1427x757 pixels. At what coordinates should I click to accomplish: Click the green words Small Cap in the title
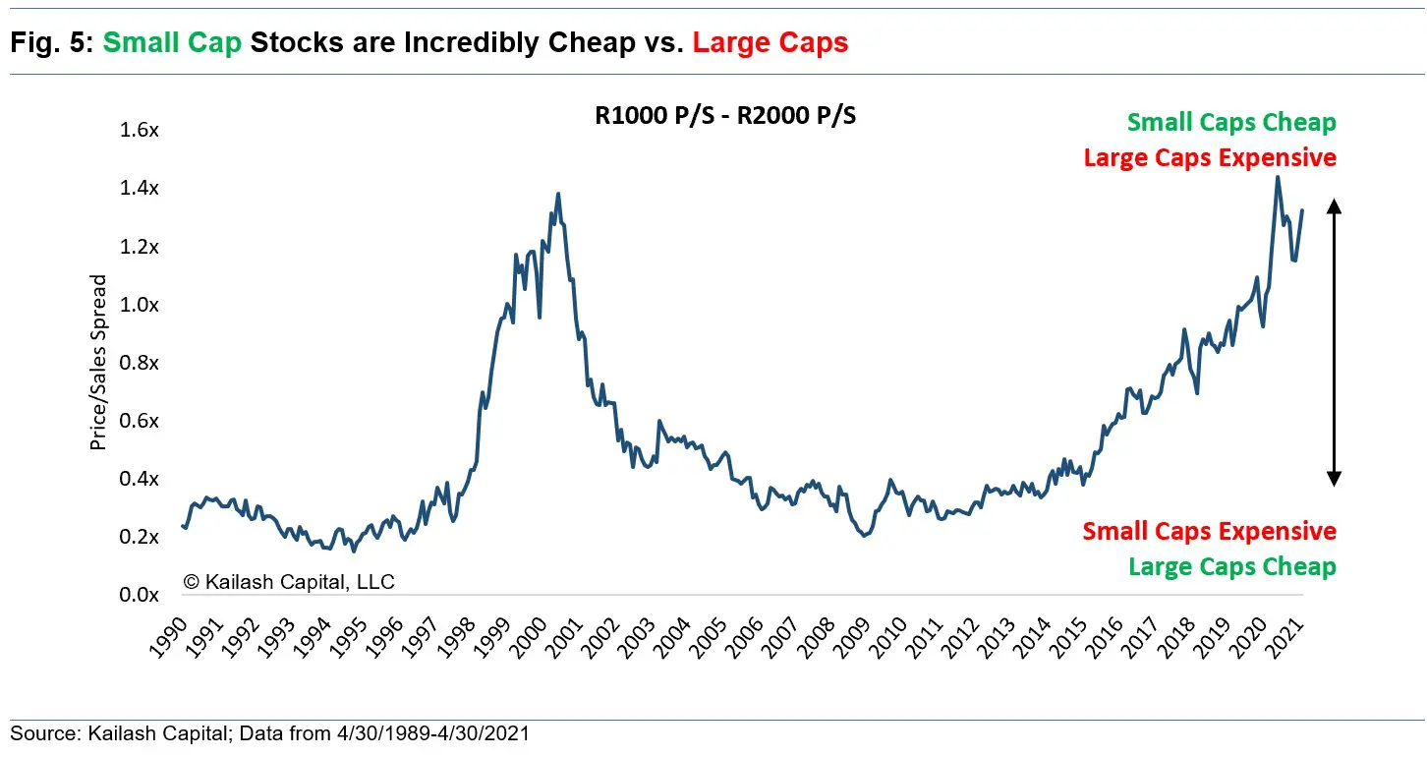(x=172, y=42)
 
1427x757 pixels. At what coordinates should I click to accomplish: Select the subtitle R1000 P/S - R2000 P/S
(x=725, y=116)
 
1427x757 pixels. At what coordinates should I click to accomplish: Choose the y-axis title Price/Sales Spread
(x=98, y=363)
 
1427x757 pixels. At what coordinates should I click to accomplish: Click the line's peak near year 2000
(x=558, y=195)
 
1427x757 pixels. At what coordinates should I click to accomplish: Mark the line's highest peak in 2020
(x=1277, y=178)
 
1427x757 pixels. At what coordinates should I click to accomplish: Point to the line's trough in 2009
(x=864, y=534)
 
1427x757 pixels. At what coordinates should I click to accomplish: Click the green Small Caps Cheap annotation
(x=1231, y=123)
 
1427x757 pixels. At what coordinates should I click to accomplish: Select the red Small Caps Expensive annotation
(x=1209, y=532)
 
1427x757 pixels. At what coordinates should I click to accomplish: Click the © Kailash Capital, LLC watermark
(x=289, y=582)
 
